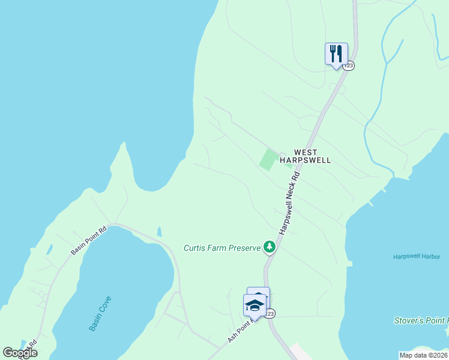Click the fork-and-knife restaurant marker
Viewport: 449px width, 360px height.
(x=336, y=54)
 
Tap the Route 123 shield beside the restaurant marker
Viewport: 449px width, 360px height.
(x=349, y=65)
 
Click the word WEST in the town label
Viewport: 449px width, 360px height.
(x=305, y=153)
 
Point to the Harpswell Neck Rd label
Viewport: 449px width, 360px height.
(x=289, y=203)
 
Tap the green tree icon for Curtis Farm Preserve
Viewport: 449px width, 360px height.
(x=270, y=246)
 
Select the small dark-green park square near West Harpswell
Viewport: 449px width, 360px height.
(x=268, y=160)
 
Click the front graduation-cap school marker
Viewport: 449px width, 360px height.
(x=255, y=305)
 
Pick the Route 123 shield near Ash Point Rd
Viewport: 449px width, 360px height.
(x=270, y=314)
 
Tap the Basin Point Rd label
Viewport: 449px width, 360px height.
(x=88, y=240)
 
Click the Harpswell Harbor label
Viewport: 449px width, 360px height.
(x=418, y=257)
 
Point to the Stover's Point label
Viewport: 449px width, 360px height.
(x=421, y=321)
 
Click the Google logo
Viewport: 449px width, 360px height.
(x=20, y=353)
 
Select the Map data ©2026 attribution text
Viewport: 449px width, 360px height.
(x=423, y=355)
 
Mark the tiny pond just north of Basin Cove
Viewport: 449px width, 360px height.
(x=158, y=232)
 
